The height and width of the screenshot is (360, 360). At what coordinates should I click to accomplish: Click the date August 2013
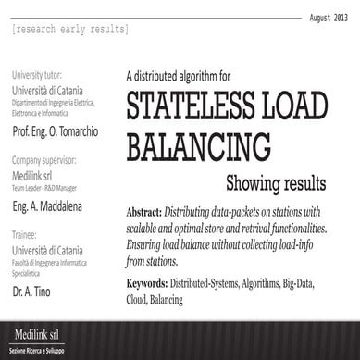327,18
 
